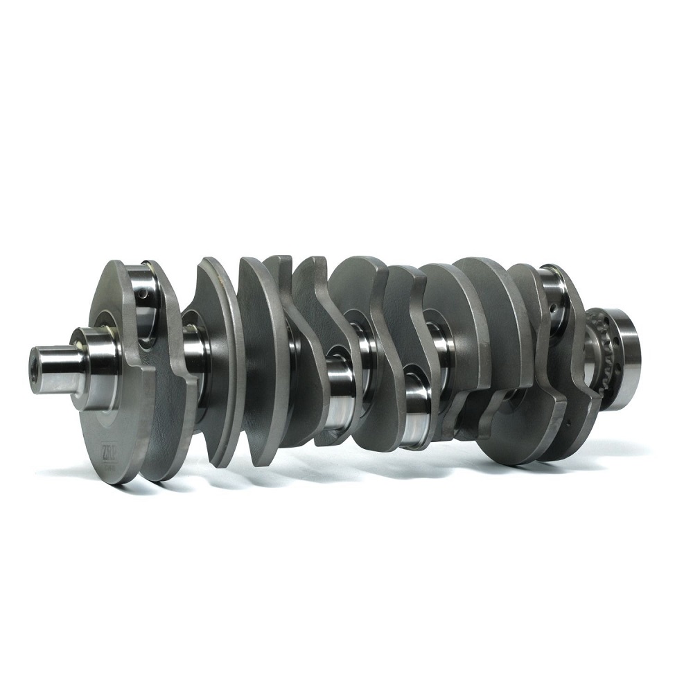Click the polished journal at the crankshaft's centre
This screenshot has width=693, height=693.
point(340,381)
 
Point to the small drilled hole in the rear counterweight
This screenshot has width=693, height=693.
point(567,420)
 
